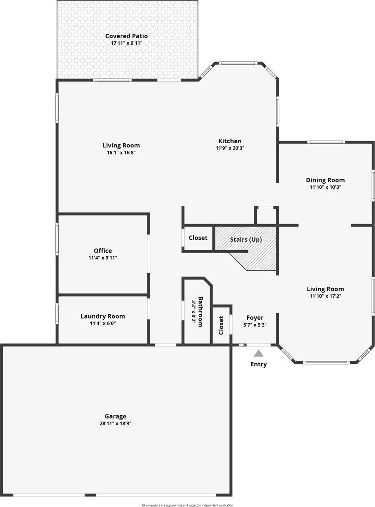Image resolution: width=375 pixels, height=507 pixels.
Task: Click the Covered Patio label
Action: tap(127, 36)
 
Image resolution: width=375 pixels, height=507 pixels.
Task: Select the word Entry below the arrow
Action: tap(259, 364)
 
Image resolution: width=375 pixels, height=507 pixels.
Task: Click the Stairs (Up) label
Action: tap(246, 240)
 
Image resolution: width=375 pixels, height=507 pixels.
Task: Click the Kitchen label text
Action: tap(230, 141)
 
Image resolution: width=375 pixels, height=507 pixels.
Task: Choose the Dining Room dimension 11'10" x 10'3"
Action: tap(325, 187)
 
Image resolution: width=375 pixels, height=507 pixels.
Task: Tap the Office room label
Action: tap(103, 251)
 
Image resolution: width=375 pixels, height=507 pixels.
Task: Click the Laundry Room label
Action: tap(103, 316)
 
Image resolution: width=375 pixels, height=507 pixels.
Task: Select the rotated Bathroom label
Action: tap(201, 312)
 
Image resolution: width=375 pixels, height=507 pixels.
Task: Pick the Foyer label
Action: tap(255, 318)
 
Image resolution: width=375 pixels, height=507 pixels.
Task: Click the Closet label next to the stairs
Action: tap(198, 238)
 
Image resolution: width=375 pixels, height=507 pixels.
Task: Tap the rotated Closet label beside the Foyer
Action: tap(221, 325)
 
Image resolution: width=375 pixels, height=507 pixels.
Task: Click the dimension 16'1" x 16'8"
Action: tap(121, 153)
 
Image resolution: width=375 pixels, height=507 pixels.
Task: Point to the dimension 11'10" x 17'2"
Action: tap(325, 296)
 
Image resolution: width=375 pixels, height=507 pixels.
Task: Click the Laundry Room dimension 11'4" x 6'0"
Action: tap(103, 323)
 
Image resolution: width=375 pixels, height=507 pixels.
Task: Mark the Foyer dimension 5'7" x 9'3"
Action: tap(255, 325)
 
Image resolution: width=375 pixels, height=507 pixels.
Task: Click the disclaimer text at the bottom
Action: tap(187, 505)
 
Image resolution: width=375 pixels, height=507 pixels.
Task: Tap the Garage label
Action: tap(116, 417)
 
